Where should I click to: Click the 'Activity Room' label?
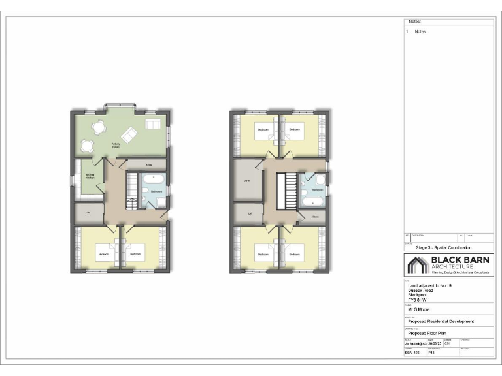tap(115, 145)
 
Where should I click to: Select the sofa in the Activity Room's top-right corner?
tap(153, 124)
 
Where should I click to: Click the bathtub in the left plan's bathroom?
tap(157, 178)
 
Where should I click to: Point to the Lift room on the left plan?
tap(88, 212)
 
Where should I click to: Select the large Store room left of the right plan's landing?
tap(247, 181)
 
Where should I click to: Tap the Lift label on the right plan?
tap(250, 213)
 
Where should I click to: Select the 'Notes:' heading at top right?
tap(414, 21)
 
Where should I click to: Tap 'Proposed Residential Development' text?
tap(441, 321)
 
